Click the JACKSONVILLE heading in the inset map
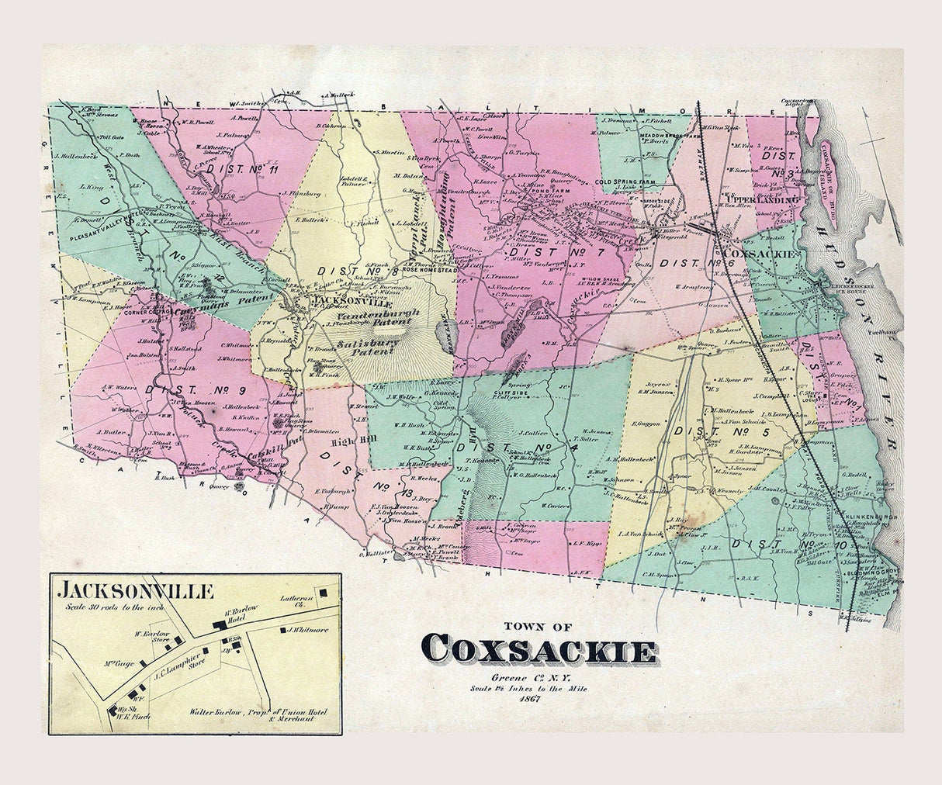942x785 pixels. point(135,591)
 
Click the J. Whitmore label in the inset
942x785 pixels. point(308,630)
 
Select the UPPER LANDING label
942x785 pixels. point(763,200)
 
